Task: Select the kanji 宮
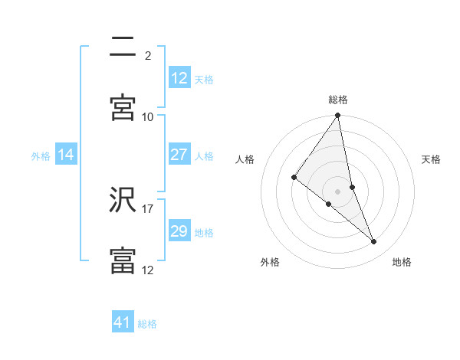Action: click(x=123, y=107)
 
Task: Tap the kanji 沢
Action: click(x=123, y=199)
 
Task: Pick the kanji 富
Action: click(x=123, y=260)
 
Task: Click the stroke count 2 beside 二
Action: click(x=147, y=55)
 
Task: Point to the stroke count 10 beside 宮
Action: click(x=148, y=116)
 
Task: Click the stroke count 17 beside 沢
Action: click(x=148, y=208)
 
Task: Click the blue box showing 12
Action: click(x=179, y=78)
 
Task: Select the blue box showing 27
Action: click(x=179, y=155)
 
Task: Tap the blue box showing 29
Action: click(x=179, y=231)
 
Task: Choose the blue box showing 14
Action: click(x=66, y=155)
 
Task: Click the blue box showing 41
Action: click(x=123, y=322)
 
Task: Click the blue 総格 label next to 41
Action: click(x=147, y=324)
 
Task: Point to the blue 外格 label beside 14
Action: click(x=41, y=156)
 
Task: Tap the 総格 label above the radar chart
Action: click(x=338, y=100)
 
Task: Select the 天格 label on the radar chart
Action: click(x=432, y=159)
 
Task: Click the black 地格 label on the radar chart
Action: click(x=402, y=262)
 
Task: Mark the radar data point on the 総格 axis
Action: click(x=338, y=116)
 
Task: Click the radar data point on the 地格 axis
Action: click(x=374, y=241)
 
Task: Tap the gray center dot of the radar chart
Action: click(x=338, y=191)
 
